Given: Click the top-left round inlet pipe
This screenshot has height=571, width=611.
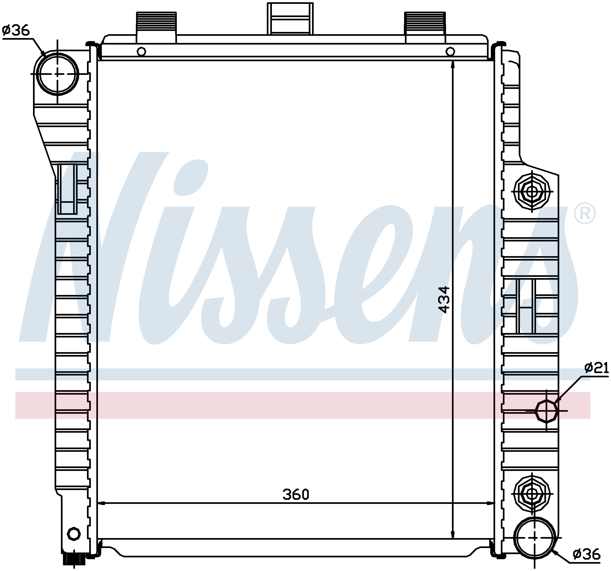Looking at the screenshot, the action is (57, 74).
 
